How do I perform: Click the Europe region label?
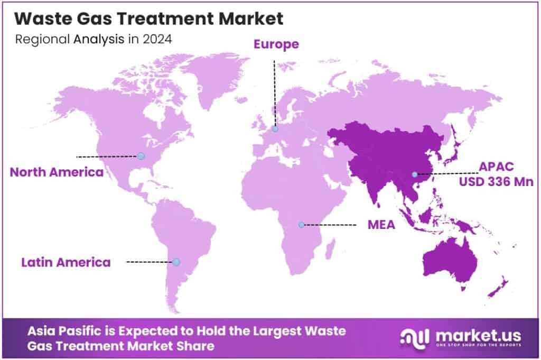point(276,44)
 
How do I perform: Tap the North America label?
point(57,172)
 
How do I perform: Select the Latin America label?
point(66,262)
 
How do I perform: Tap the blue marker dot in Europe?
point(275,128)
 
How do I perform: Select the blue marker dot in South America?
point(176,262)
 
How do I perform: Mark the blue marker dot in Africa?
point(301,225)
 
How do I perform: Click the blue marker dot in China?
point(415,174)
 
